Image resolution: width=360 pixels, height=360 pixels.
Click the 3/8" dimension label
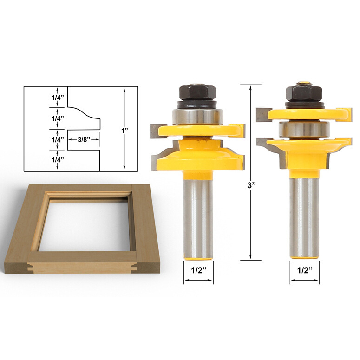[84, 139]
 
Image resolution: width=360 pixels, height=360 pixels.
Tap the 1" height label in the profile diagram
[124, 131]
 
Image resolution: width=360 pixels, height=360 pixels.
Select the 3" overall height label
[251, 185]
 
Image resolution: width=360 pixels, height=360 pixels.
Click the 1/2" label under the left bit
[198, 270]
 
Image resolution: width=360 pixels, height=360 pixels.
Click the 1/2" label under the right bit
[305, 270]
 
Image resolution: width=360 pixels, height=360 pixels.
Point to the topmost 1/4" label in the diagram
[57, 98]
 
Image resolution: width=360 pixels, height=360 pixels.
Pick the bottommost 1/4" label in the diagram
[57, 160]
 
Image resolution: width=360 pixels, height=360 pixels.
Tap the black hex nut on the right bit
[304, 94]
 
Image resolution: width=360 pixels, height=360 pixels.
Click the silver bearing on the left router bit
[197, 117]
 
